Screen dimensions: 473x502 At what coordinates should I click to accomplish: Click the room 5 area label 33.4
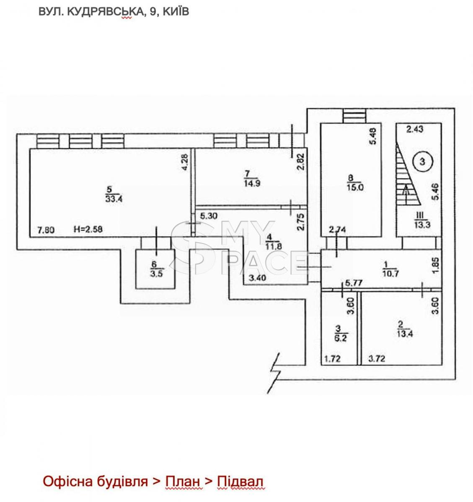(114, 199)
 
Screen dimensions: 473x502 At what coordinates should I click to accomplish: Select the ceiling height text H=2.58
(88, 229)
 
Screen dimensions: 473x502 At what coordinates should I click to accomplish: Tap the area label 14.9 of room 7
(252, 183)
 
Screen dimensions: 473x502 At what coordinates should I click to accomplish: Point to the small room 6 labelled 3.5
(155, 269)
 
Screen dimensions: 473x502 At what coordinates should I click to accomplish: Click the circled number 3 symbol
(422, 161)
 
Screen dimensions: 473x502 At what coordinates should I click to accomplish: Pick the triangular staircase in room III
(406, 174)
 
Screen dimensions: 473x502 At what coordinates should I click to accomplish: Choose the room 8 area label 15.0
(355, 187)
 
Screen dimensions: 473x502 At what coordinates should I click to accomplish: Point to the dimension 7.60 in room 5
(46, 230)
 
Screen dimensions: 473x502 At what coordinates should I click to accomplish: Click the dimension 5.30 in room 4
(208, 216)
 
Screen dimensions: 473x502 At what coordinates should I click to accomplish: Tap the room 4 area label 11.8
(274, 246)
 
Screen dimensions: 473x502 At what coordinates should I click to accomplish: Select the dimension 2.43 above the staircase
(415, 129)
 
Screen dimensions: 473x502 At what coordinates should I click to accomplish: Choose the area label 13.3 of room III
(422, 225)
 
